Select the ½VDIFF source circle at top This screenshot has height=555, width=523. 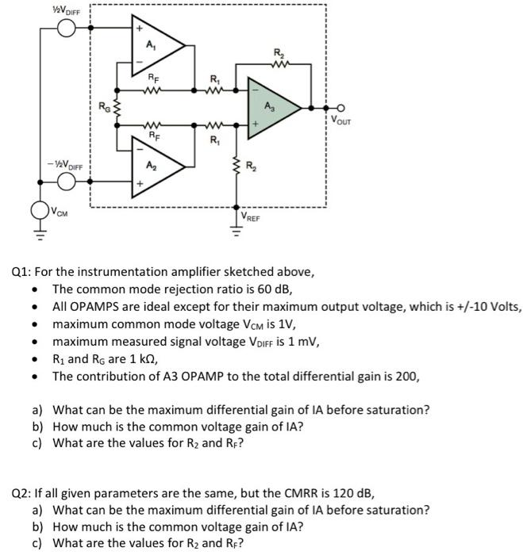(66, 29)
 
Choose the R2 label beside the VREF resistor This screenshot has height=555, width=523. (251, 166)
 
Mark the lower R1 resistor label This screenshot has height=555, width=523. (213, 141)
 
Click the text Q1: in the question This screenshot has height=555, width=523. (23, 272)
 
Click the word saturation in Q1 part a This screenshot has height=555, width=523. (400, 410)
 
